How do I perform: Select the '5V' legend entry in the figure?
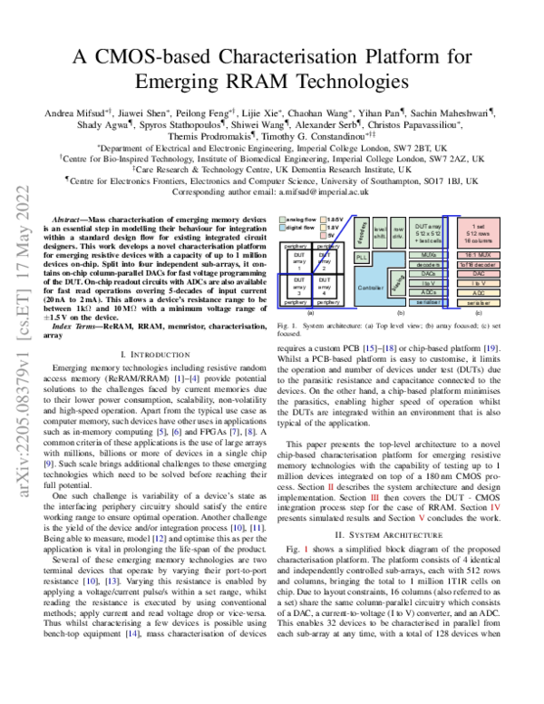(x=333, y=234)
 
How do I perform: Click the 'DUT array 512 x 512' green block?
(x=429, y=232)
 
